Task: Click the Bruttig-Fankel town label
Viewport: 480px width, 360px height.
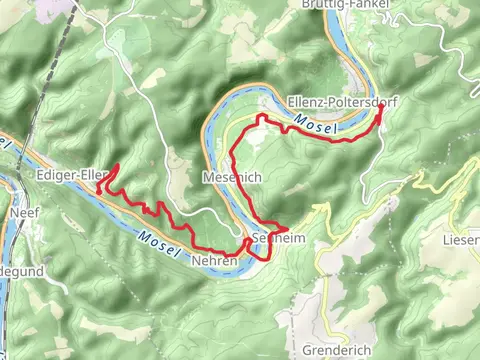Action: point(344,4)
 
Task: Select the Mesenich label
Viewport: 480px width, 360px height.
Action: point(231,176)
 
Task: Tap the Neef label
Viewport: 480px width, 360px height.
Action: point(23,213)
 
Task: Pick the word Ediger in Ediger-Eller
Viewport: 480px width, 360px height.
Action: point(56,174)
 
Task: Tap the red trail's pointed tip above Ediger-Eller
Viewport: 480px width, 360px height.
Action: point(118,165)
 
